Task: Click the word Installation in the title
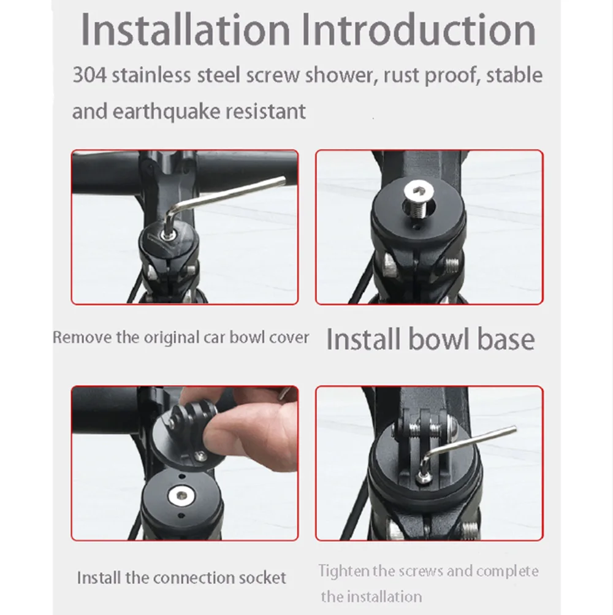(x=185, y=29)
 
